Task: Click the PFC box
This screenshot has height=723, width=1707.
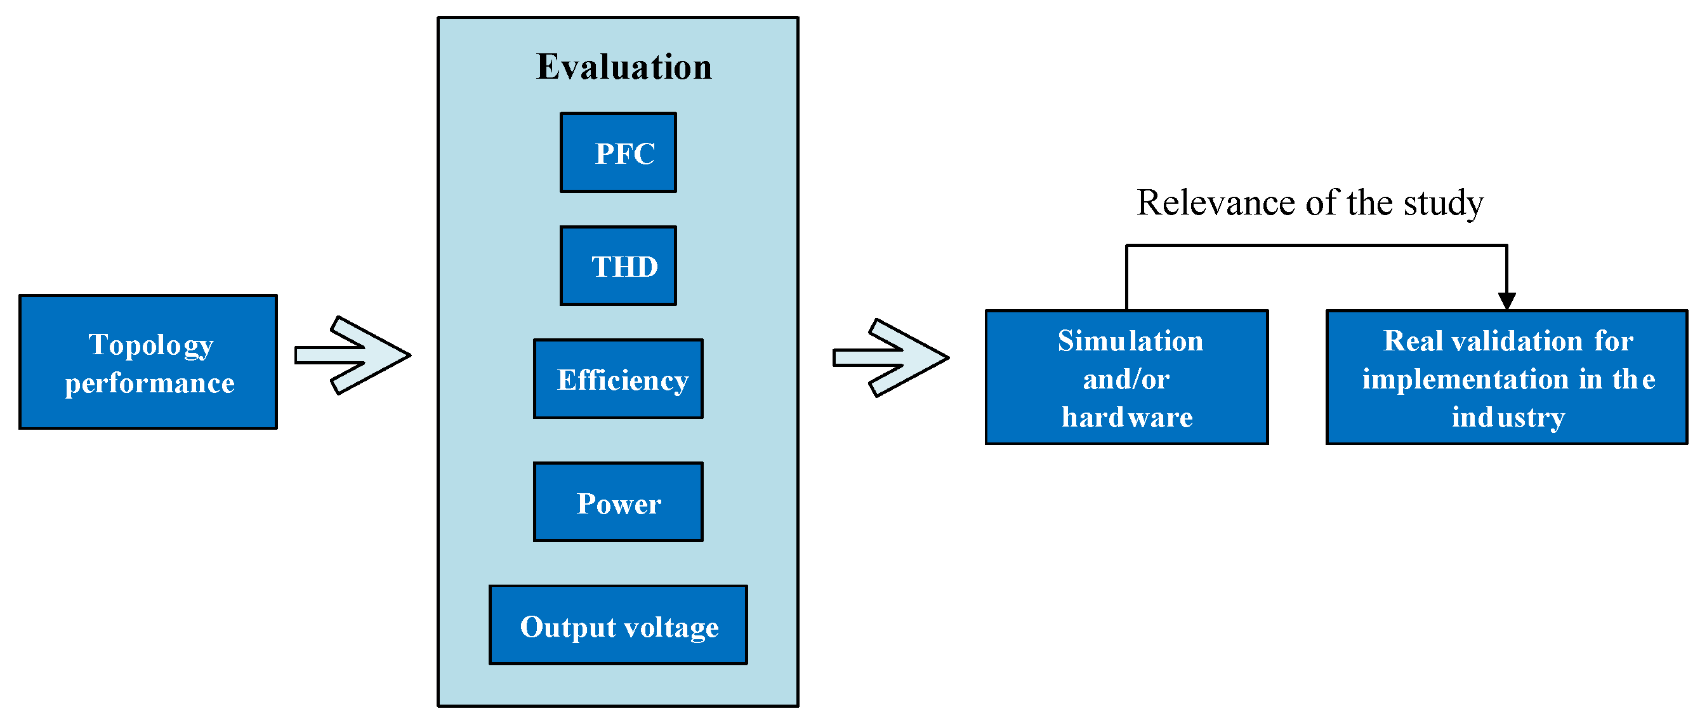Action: click(617, 152)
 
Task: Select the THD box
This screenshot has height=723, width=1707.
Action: click(617, 266)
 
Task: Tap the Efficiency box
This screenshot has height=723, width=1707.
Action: click(617, 379)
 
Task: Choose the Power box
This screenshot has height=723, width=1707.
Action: click(617, 502)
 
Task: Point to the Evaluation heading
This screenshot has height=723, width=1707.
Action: click(624, 67)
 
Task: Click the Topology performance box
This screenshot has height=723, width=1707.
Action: click(148, 362)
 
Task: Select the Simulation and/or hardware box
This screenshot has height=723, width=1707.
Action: click(1126, 377)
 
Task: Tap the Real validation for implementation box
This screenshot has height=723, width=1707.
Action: click(1506, 377)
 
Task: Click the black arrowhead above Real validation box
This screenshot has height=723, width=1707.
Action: click(1506, 302)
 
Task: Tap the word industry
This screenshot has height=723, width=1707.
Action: click(1508, 418)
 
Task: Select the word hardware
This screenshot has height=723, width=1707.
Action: click(1126, 418)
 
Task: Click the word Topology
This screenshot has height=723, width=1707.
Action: click(151, 345)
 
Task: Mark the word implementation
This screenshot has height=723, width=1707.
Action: click(1465, 380)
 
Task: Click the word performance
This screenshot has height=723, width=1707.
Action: click(150, 383)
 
